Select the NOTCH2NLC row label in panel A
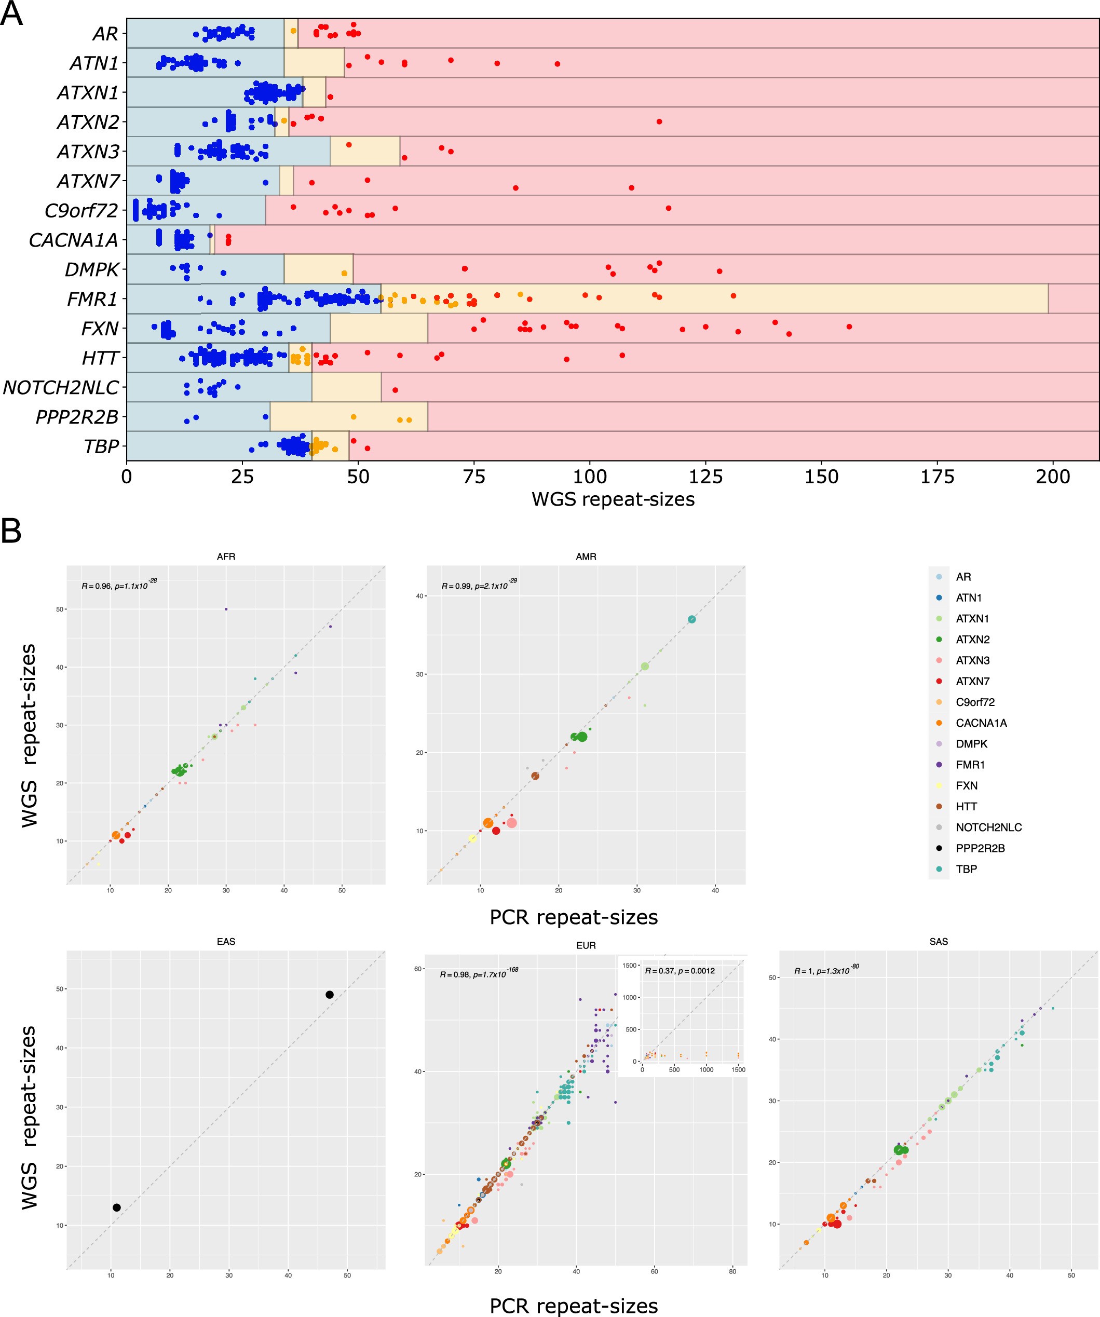click(x=61, y=388)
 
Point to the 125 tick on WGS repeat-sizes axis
click(x=705, y=477)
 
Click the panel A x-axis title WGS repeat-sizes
click(x=613, y=499)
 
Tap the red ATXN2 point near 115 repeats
click(x=659, y=121)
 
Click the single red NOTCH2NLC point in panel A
click(x=395, y=390)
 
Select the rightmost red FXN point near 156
click(x=849, y=327)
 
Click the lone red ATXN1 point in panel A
click(x=331, y=97)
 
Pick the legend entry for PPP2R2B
click(x=980, y=848)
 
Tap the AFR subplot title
click(x=226, y=556)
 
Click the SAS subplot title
click(x=938, y=941)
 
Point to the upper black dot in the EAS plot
click(x=329, y=995)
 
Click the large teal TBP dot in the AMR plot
click(x=692, y=619)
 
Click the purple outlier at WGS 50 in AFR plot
click(x=226, y=609)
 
